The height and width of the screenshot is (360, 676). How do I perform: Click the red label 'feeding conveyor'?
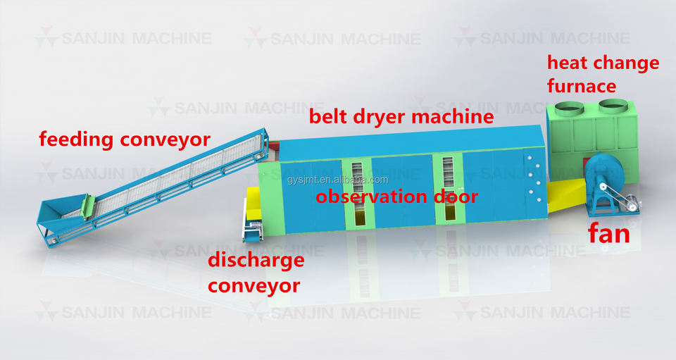[x=124, y=139]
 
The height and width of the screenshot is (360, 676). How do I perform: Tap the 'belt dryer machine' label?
[x=401, y=117]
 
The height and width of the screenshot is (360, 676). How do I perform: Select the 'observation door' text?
[x=397, y=197]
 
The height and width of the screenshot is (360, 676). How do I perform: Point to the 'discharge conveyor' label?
[x=255, y=273]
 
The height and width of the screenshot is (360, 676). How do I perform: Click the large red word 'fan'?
[x=609, y=233]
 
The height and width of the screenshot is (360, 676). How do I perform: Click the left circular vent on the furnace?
[x=569, y=109]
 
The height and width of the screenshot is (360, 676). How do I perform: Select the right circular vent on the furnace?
[x=613, y=108]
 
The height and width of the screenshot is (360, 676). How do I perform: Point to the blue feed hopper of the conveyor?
[x=60, y=215]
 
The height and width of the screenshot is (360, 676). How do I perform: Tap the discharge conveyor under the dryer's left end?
[x=251, y=218]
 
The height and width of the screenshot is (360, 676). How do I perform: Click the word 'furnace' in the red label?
[x=582, y=87]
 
